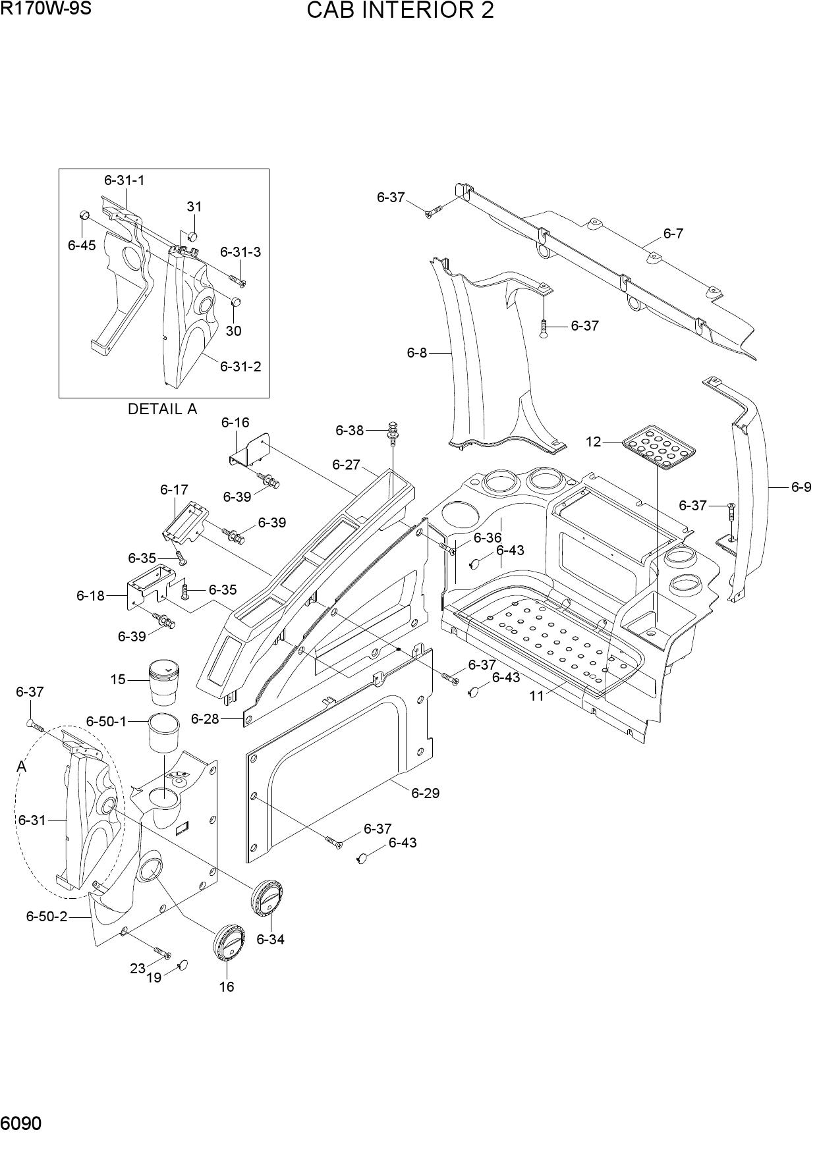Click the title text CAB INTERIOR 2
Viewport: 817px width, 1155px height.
click(400, 11)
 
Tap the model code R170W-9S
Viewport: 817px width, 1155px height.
click(45, 9)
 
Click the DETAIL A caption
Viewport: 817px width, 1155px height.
click(162, 409)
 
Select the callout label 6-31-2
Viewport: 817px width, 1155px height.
click(240, 366)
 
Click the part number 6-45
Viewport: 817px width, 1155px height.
click(82, 245)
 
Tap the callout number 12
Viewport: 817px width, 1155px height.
click(594, 441)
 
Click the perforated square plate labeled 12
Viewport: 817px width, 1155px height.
click(658, 447)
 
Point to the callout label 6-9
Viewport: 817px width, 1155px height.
click(801, 487)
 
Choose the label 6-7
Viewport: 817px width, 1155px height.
click(673, 233)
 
